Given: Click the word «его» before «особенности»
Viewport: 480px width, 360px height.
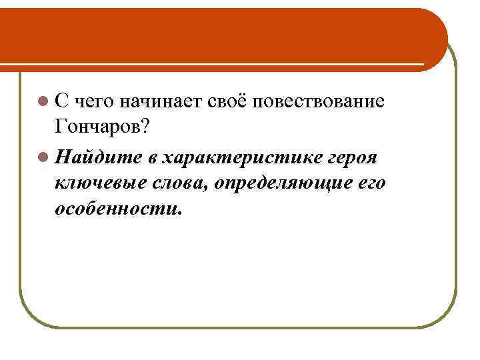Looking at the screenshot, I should point(369,182).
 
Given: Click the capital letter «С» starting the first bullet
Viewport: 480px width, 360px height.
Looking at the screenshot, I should point(62,101).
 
